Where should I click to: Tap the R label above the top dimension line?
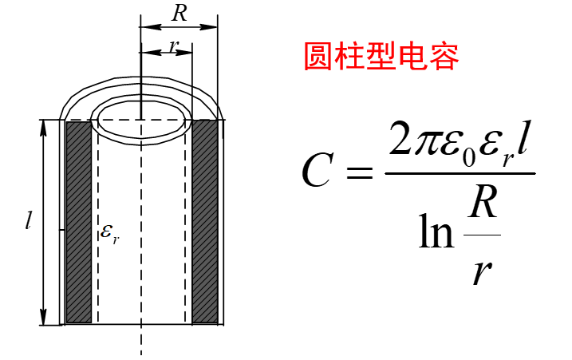(x=179, y=14)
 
